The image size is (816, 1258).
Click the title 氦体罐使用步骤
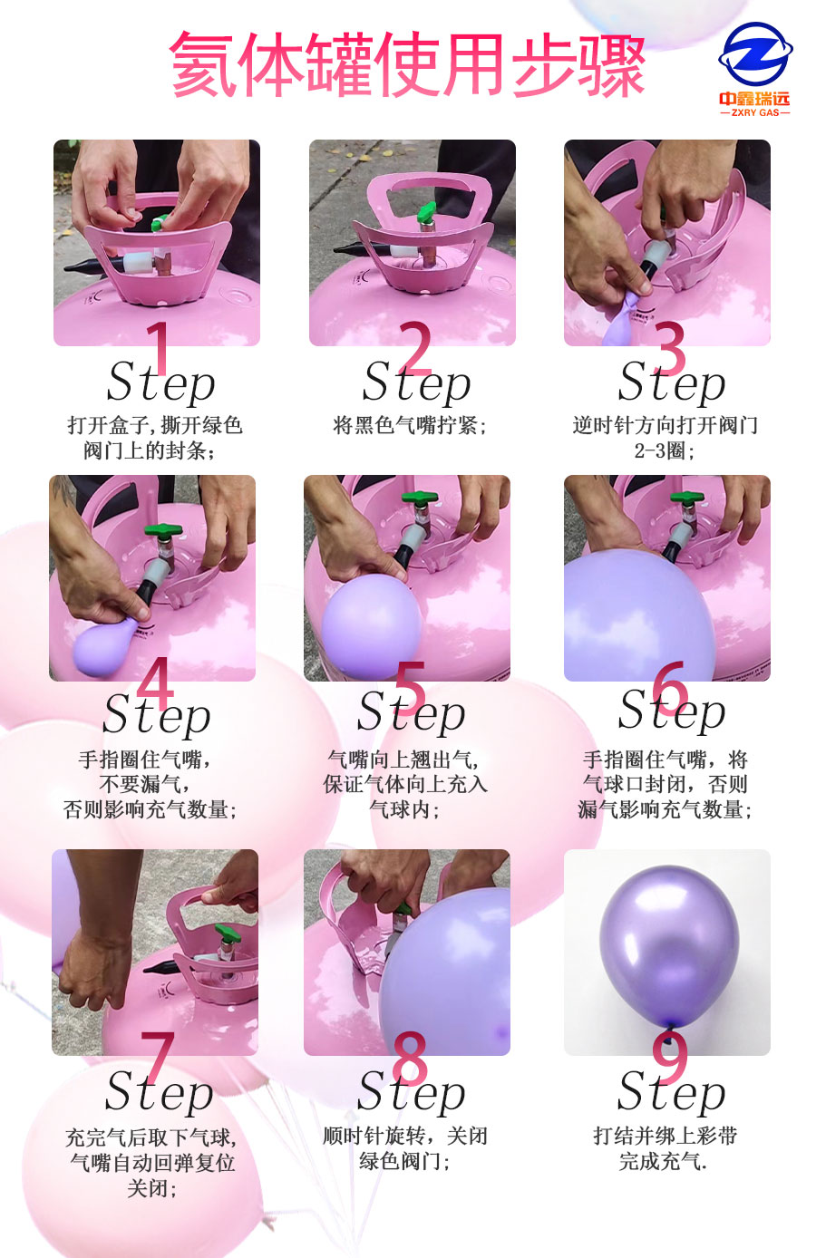tap(407, 65)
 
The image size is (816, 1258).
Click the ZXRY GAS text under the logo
tap(754, 113)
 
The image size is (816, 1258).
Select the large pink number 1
tap(159, 346)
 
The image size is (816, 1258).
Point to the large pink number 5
tap(410, 687)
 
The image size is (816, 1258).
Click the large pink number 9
tap(669, 1057)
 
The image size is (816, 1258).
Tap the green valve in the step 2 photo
tap(425, 215)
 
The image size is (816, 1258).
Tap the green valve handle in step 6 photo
tap(686, 498)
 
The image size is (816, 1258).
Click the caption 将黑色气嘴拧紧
tap(411, 425)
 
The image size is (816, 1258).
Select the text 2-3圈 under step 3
tap(665, 450)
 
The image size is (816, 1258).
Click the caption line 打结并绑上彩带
tap(665, 1136)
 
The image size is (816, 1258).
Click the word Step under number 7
tap(160, 1092)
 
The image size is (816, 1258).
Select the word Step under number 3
tap(671, 384)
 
